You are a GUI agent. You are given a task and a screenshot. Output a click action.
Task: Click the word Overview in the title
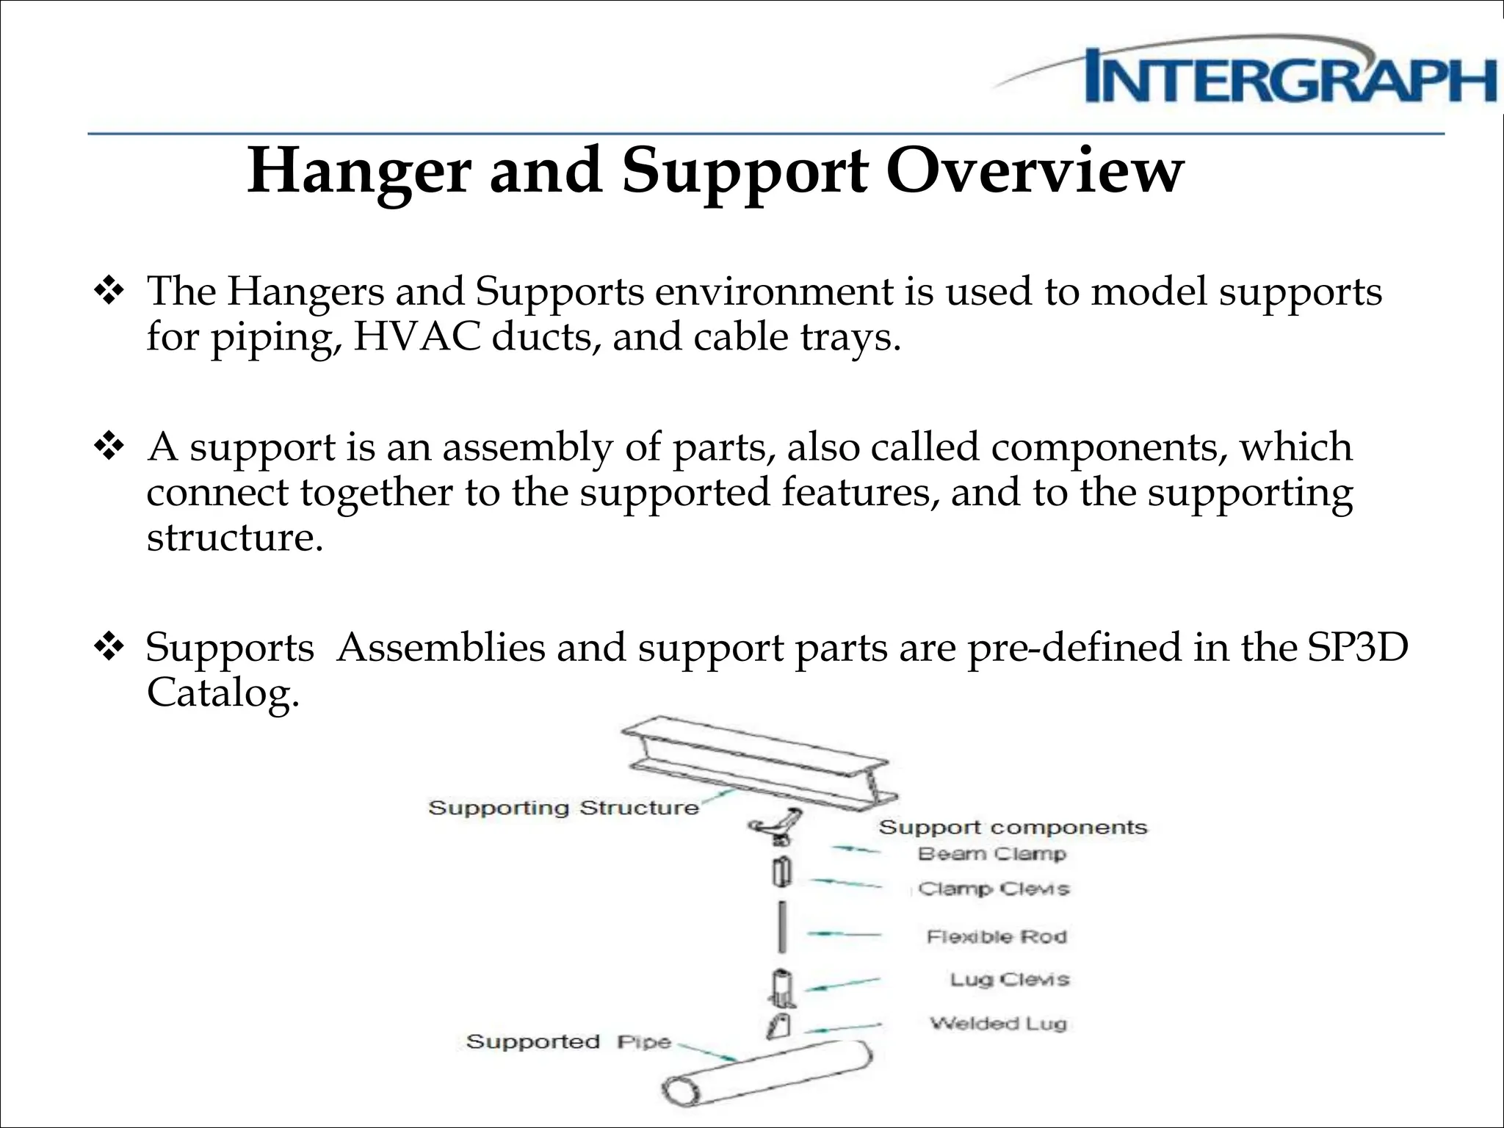click(1035, 170)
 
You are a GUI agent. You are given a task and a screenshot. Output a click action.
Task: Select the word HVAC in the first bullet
click(416, 337)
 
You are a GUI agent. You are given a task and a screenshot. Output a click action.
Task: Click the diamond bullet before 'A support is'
click(109, 446)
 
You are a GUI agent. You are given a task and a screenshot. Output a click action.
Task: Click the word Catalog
click(223, 692)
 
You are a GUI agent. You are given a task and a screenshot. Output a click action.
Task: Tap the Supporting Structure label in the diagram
click(563, 808)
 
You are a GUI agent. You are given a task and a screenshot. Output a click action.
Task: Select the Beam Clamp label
click(991, 854)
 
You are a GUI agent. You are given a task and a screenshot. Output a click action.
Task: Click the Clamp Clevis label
click(994, 889)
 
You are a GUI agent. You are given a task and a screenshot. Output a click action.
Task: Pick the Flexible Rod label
click(997, 937)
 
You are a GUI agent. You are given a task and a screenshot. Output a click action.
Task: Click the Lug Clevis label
click(1010, 980)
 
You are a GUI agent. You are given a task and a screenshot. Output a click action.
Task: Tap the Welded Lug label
click(998, 1023)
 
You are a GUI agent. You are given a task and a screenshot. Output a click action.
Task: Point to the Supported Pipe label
click(568, 1041)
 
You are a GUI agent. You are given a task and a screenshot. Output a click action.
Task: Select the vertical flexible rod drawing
click(784, 926)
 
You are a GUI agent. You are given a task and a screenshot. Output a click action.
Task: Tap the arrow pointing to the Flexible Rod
click(843, 934)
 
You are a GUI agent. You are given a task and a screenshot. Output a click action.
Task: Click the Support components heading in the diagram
click(1013, 828)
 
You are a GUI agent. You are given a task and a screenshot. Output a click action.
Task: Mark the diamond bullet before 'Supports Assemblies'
click(109, 647)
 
